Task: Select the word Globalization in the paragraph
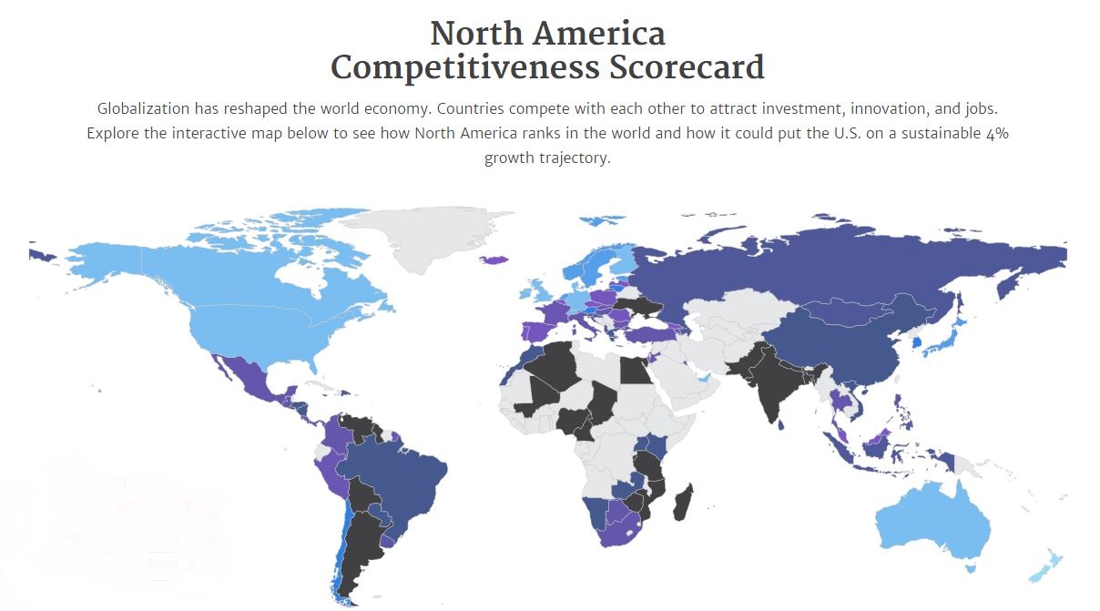(x=144, y=108)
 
